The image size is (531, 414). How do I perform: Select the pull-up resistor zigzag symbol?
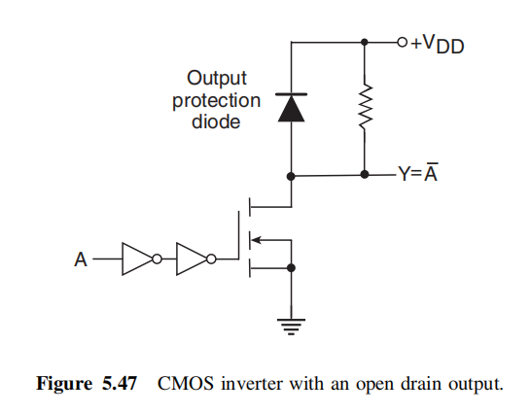(x=365, y=109)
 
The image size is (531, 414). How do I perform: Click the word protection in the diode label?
(x=216, y=100)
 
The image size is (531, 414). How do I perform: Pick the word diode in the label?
(x=216, y=123)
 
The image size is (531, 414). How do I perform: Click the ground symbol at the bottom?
(x=291, y=326)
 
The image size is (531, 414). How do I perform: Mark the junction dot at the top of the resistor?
(x=365, y=42)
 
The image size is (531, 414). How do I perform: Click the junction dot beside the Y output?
(x=365, y=176)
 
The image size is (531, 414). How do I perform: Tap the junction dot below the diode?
(x=291, y=176)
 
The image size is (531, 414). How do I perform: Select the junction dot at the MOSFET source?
(x=291, y=266)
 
